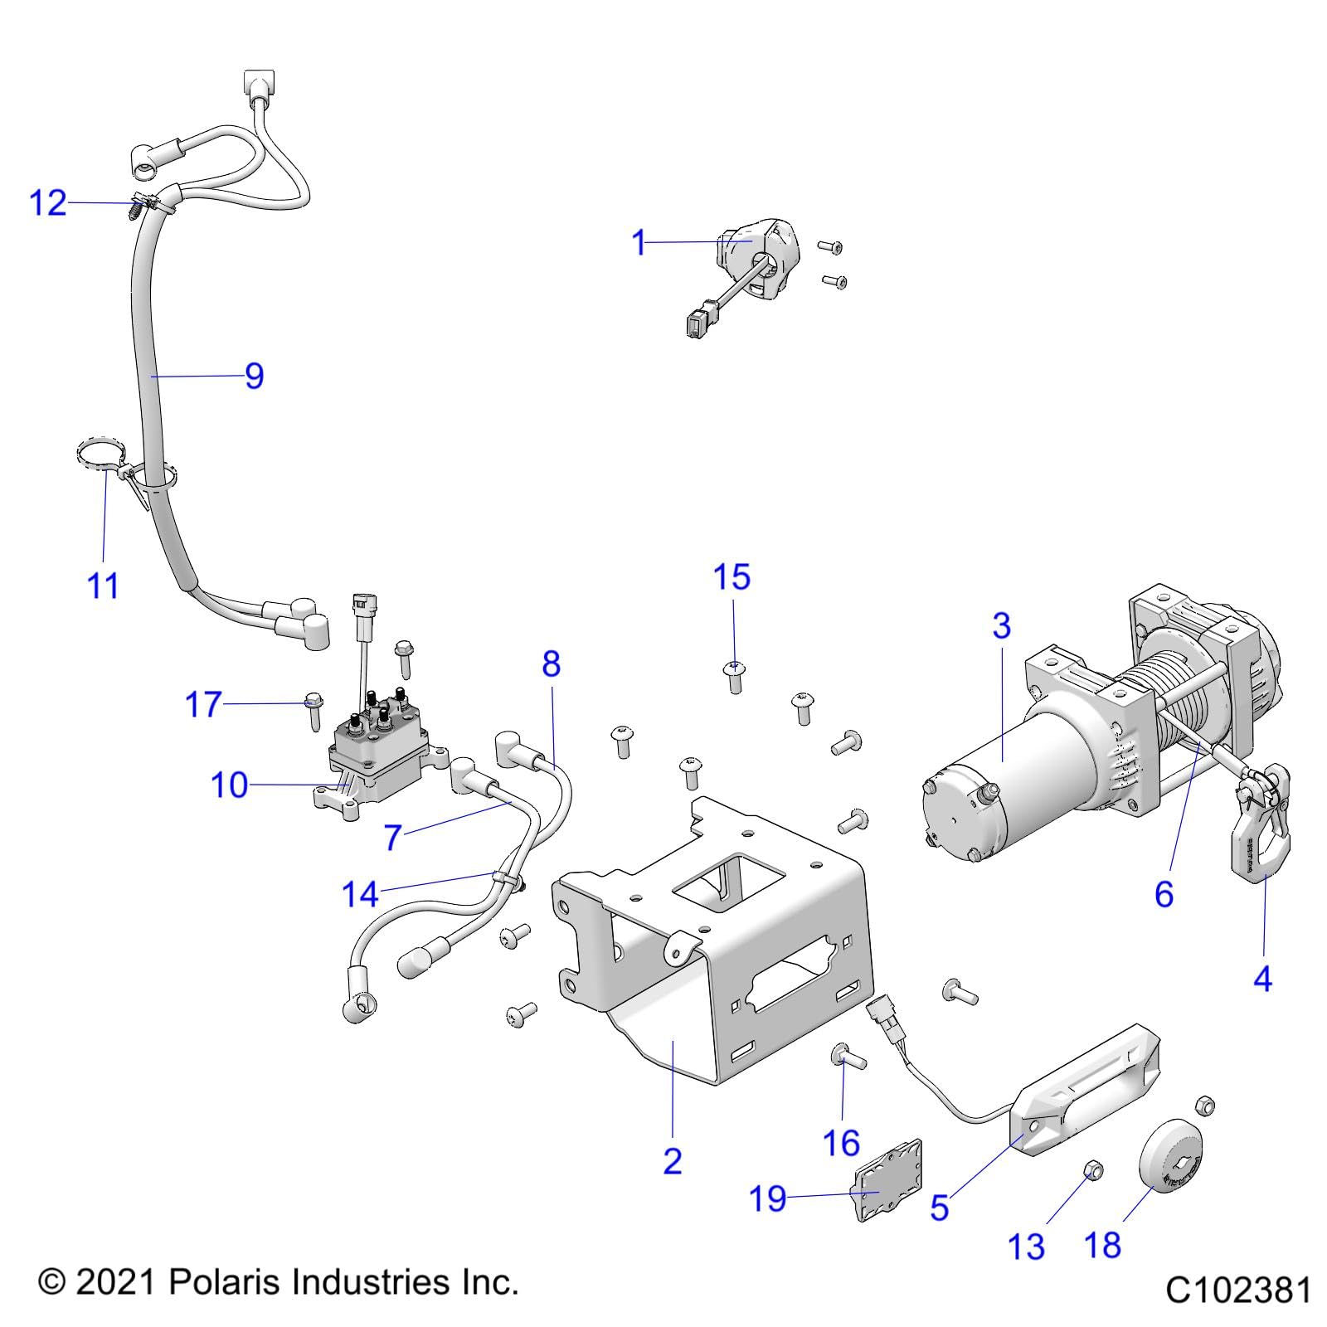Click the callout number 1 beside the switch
click(639, 243)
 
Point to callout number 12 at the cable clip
click(47, 202)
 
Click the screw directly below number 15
click(734, 676)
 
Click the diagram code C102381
click(1238, 1291)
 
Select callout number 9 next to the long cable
click(254, 376)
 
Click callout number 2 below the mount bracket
click(672, 1161)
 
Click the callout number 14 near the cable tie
click(360, 894)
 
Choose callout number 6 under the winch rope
click(1164, 894)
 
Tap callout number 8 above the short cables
click(551, 663)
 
